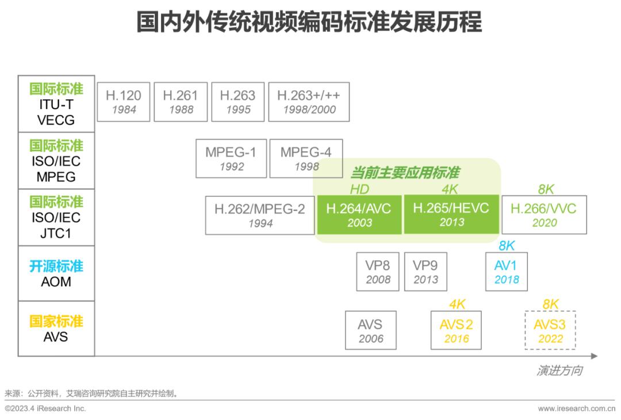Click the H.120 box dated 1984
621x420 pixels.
tap(124, 102)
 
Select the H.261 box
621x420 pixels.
tap(181, 102)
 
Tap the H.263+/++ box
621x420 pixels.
tap(309, 102)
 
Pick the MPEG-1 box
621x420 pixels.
tap(231, 159)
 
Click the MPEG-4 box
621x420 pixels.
tap(306, 159)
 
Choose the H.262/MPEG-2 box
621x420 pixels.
tap(260, 215)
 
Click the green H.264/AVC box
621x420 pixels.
tap(359, 215)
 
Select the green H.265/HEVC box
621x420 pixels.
tap(451, 215)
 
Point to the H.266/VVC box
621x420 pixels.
tap(544, 215)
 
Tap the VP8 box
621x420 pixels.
tap(378, 272)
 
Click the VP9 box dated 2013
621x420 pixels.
tap(425, 272)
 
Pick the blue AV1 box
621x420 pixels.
tap(506, 272)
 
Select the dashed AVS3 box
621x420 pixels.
tap(550, 330)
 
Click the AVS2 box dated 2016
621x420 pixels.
tap(457, 330)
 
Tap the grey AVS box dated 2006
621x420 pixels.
tap(371, 330)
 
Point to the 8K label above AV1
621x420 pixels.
tap(506, 246)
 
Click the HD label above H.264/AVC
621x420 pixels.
tap(359, 190)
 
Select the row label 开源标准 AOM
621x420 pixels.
tap(56, 273)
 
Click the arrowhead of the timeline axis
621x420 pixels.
tap(594, 356)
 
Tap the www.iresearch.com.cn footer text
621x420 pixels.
tap(576, 409)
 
